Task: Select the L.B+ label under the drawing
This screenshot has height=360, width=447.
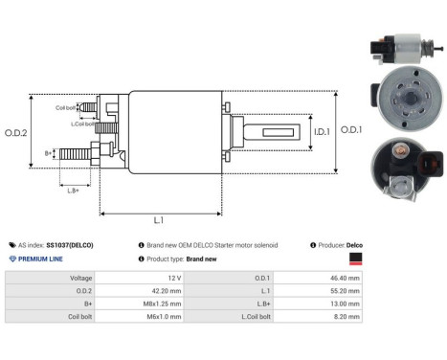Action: pos(72,190)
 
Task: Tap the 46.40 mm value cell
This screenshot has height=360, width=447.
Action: pos(341,277)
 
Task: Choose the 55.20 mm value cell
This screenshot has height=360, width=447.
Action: pos(341,291)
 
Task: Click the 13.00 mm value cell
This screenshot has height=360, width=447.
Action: pos(341,305)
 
